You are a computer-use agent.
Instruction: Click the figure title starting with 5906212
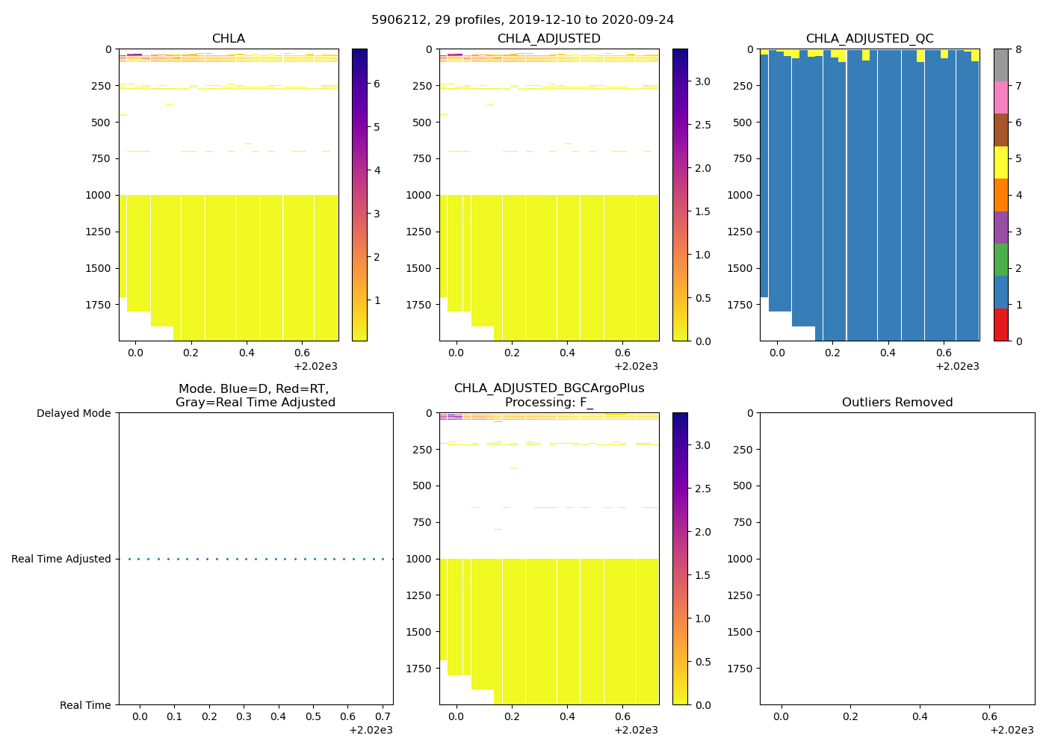(522, 20)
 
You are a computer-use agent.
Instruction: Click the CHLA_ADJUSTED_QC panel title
(869, 39)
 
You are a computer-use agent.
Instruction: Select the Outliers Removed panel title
(897, 403)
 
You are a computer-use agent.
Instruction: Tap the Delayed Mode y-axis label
(73, 413)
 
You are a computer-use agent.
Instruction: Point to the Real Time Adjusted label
(61, 559)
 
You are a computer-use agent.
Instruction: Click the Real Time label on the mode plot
(85, 705)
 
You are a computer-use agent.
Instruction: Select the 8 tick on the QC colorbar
(1016, 49)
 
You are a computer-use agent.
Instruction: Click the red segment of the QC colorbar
(1000, 325)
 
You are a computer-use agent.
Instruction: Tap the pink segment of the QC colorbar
(1000, 98)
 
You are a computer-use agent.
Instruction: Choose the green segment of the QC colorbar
(1000, 260)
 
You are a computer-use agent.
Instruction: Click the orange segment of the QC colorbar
(1000, 195)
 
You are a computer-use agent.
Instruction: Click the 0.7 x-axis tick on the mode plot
(383, 717)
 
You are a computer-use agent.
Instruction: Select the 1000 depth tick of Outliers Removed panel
(740, 559)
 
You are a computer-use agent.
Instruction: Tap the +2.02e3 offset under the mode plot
(371, 730)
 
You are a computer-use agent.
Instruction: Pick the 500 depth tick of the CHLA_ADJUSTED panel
(422, 123)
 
